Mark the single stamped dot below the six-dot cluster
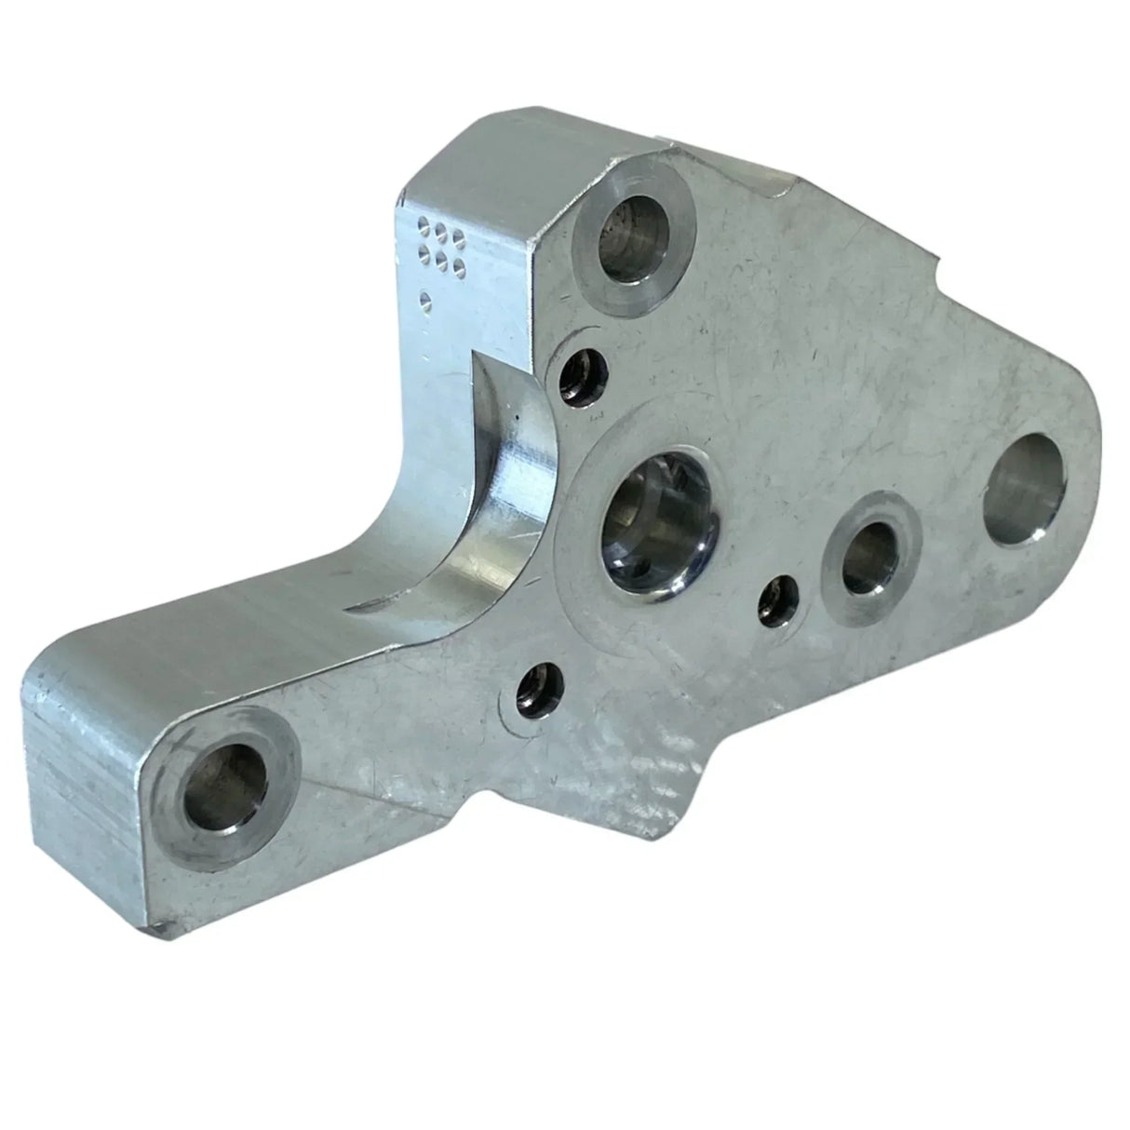coord(426,300)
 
